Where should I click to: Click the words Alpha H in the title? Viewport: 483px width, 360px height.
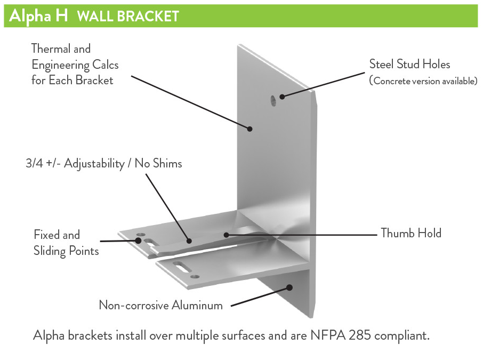[38, 16]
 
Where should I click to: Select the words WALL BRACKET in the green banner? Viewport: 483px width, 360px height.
[127, 17]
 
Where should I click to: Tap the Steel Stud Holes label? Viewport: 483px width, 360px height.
[409, 65]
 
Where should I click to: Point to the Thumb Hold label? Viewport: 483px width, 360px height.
[410, 233]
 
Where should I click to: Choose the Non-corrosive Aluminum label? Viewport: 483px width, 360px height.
[160, 305]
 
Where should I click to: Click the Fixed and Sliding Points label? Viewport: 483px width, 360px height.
[66, 243]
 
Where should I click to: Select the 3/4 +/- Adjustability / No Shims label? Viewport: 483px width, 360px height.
[103, 164]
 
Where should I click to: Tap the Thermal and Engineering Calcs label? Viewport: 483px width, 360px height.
[75, 65]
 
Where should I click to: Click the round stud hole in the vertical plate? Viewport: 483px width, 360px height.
[273, 99]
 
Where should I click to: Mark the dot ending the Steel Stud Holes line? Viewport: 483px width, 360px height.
[282, 97]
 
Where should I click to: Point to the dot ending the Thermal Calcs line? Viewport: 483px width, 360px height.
[249, 128]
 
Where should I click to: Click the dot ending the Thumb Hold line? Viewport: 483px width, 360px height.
[226, 234]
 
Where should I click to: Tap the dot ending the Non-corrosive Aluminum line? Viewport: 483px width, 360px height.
[290, 287]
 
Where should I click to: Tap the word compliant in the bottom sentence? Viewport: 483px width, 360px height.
[402, 336]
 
